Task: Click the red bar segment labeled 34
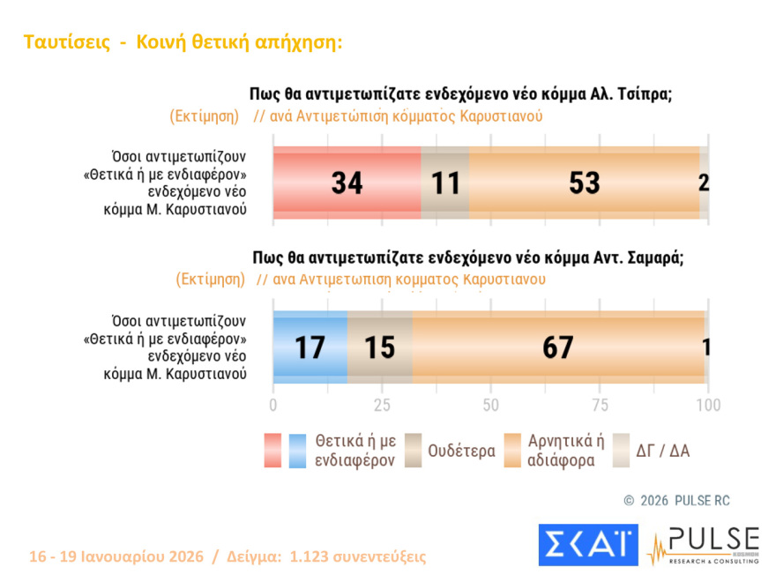347,183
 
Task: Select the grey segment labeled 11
445,183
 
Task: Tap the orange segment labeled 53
584,183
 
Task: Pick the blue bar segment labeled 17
310,347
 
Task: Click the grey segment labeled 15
379,347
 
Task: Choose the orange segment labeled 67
558,347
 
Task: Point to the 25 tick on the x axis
382,406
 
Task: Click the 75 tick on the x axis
600,406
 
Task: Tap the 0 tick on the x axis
273,406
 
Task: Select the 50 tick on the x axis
491,406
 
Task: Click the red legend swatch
272,450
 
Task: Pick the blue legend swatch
297,450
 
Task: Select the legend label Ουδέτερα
461,451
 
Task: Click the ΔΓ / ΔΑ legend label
663,451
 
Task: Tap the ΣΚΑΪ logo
587,545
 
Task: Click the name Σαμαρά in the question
652,257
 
